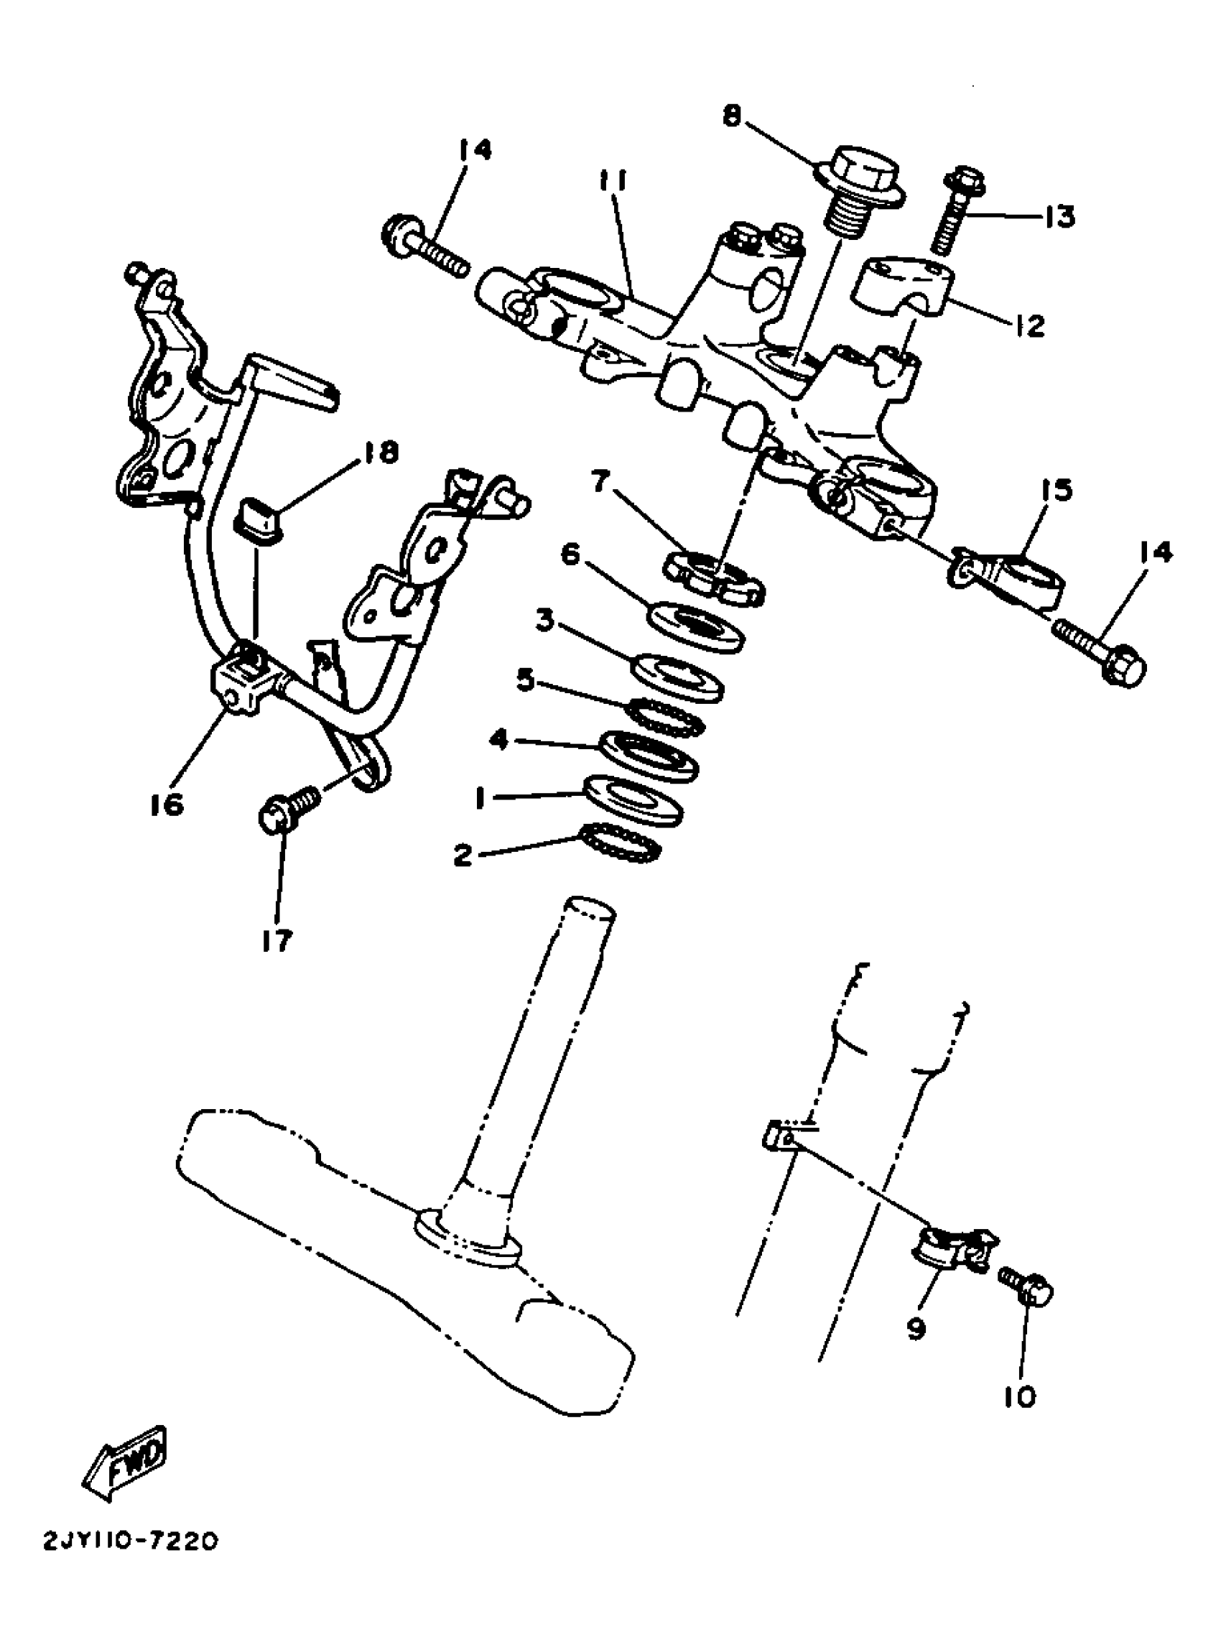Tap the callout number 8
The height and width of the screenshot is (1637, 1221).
732,116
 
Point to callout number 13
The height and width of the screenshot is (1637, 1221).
1059,216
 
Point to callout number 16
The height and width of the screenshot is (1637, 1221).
167,804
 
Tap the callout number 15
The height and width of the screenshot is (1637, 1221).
1057,490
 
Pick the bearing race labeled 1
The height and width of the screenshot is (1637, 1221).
634,799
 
